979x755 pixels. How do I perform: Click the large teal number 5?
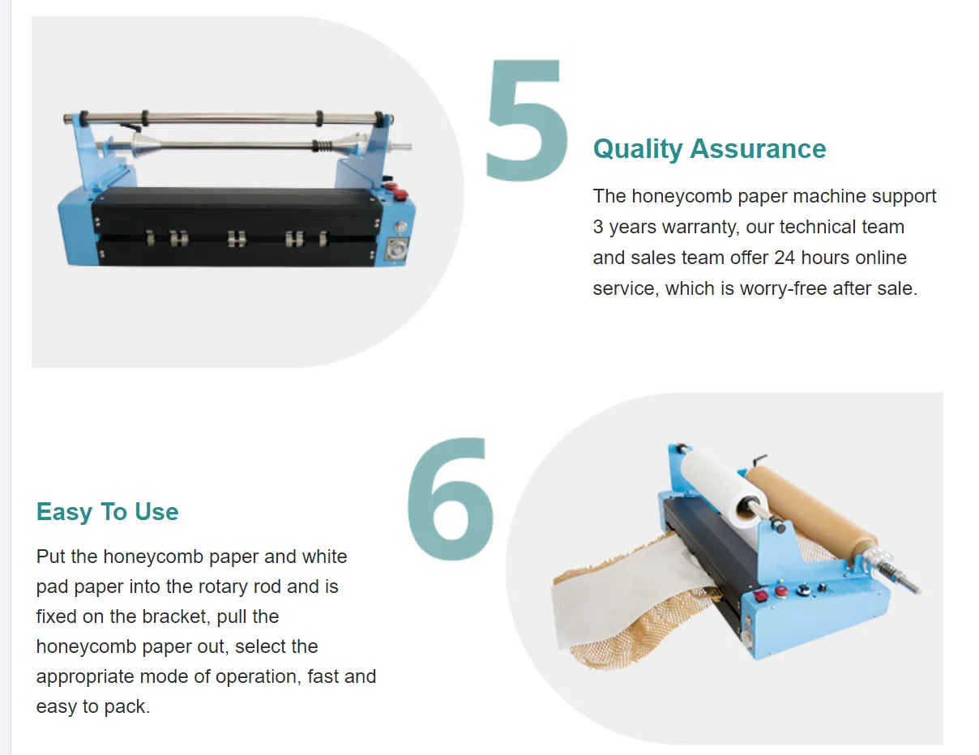[527, 120]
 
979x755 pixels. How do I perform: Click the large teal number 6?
[450, 498]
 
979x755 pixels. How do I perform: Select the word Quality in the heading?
[638, 149]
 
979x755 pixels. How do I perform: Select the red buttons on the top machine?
[396, 191]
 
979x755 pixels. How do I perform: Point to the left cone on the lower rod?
[143, 146]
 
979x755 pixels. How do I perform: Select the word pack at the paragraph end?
[129, 706]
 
